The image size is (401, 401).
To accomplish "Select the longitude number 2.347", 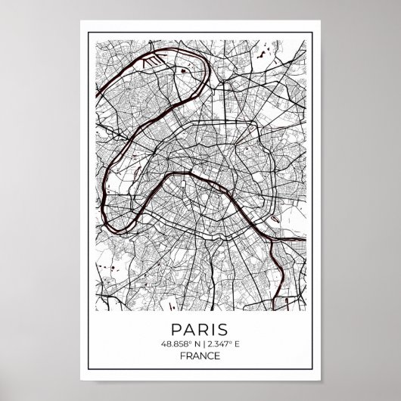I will pyautogui.click(x=216, y=345).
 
